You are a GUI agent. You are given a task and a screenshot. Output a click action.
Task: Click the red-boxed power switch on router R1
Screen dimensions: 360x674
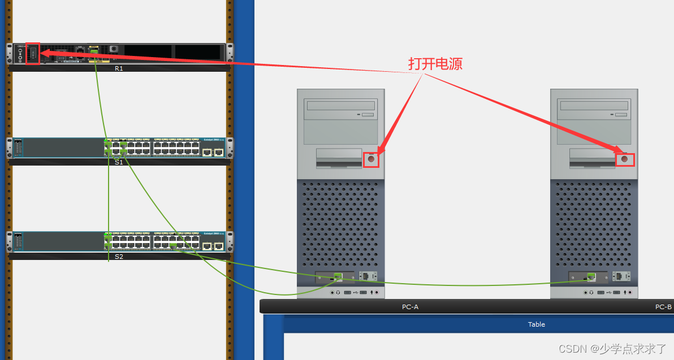(x=33, y=54)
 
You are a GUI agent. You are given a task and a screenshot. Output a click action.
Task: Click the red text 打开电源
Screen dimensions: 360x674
(x=435, y=64)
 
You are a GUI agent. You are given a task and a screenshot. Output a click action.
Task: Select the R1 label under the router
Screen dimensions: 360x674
(x=119, y=68)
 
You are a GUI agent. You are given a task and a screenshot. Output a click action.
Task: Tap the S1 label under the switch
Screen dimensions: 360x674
(x=119, y=162)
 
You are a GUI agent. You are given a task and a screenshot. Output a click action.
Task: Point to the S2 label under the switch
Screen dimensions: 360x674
(x=119, y=257)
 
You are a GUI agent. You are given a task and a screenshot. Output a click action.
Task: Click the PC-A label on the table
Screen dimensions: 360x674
(x=410, y=307)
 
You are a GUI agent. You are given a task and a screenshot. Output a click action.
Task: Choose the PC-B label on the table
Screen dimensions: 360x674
(x=663, y=307)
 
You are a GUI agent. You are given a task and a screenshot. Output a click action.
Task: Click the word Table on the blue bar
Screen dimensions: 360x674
(x=537, y=324)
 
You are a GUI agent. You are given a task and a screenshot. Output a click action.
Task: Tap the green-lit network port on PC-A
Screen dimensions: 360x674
(x=338, y=276)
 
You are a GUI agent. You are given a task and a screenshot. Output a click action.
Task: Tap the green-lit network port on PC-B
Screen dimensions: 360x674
(x=591, y=276)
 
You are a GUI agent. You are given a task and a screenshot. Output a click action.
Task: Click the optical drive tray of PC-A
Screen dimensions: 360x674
(x=340, y=106)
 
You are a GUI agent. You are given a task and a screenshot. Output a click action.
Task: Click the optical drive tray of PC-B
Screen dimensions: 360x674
(x=594, y=106)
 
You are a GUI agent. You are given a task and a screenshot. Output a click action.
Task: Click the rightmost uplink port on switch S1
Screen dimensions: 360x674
(x=218, y=152)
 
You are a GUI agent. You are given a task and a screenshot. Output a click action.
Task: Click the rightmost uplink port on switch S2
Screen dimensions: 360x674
(x=218, y=246)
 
